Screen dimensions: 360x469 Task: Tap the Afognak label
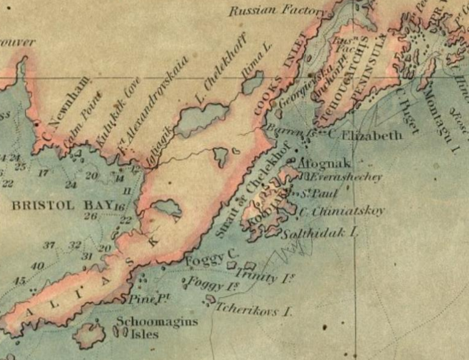coord(317,163)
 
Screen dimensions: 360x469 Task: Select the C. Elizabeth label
coord(365,135)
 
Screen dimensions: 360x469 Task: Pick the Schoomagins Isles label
coord(157,328)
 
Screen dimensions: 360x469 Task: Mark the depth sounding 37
coord(49,245)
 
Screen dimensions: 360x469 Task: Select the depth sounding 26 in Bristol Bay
coord(91,216)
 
